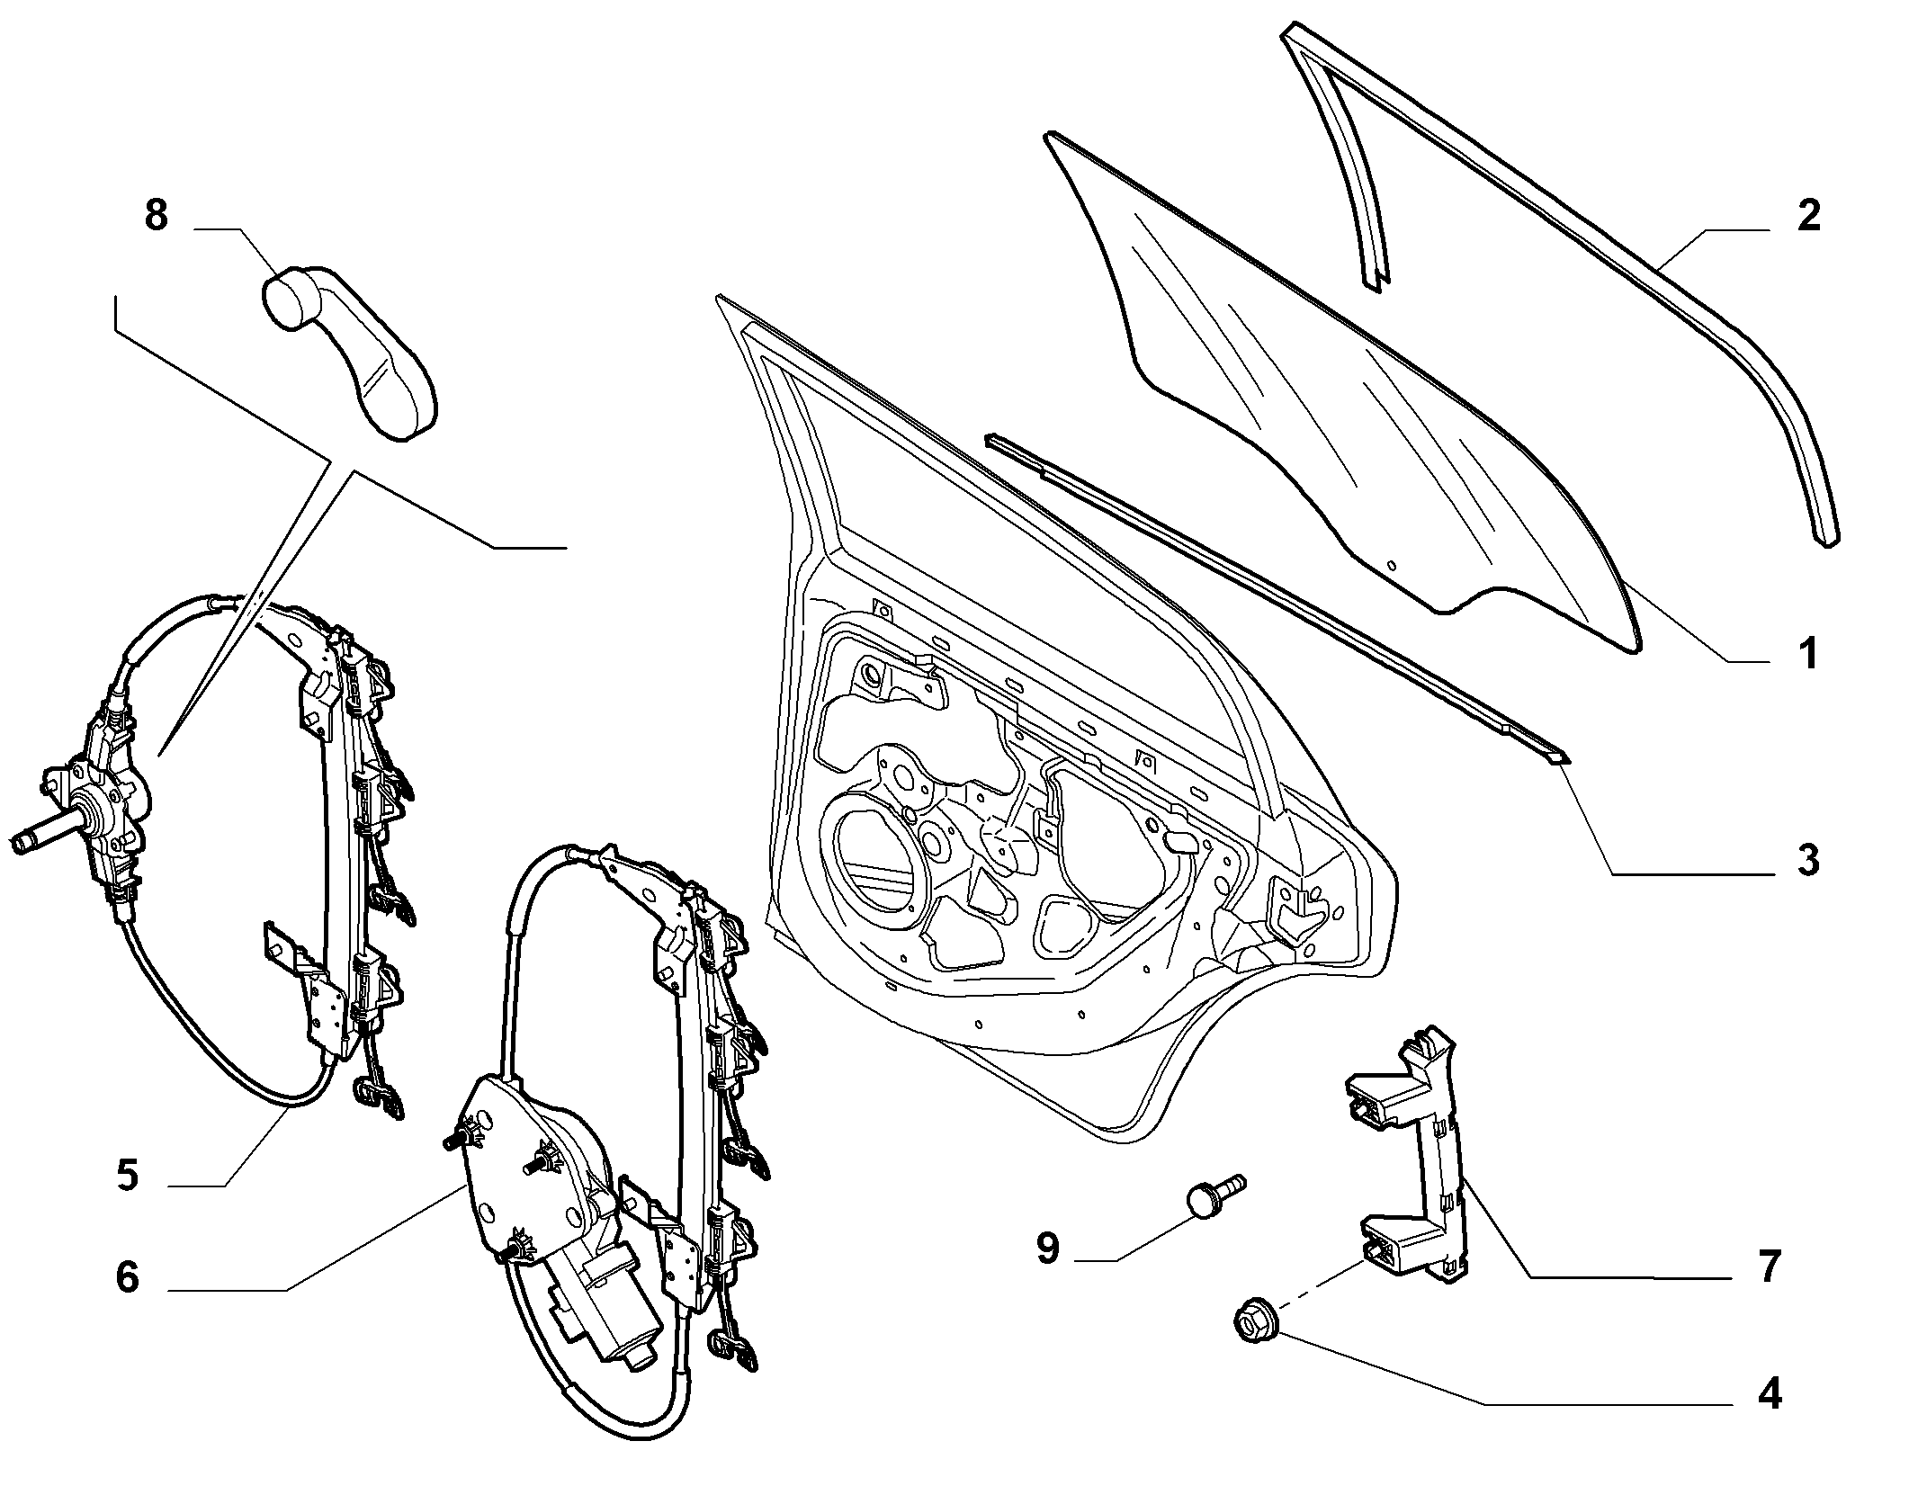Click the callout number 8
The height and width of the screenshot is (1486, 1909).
pos(156,217)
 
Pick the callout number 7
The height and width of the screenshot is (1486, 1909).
pos(1769,1267)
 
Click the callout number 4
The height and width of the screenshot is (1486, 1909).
pos(1769,1419)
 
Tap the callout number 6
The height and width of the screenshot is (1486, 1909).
pos(128,1277)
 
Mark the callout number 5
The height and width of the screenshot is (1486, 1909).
pos(128,1176)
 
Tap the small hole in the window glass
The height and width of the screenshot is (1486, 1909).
pos(1392,566)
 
